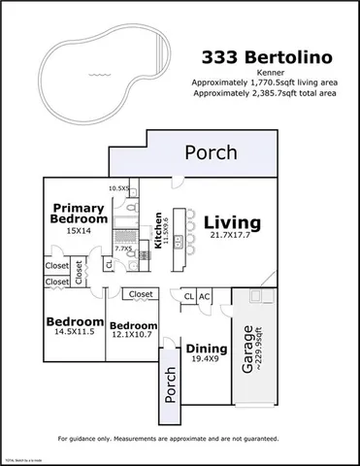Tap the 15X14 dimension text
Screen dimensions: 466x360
78,231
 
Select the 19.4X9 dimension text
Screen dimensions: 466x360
203,360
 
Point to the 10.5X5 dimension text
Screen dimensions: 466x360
118,188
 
